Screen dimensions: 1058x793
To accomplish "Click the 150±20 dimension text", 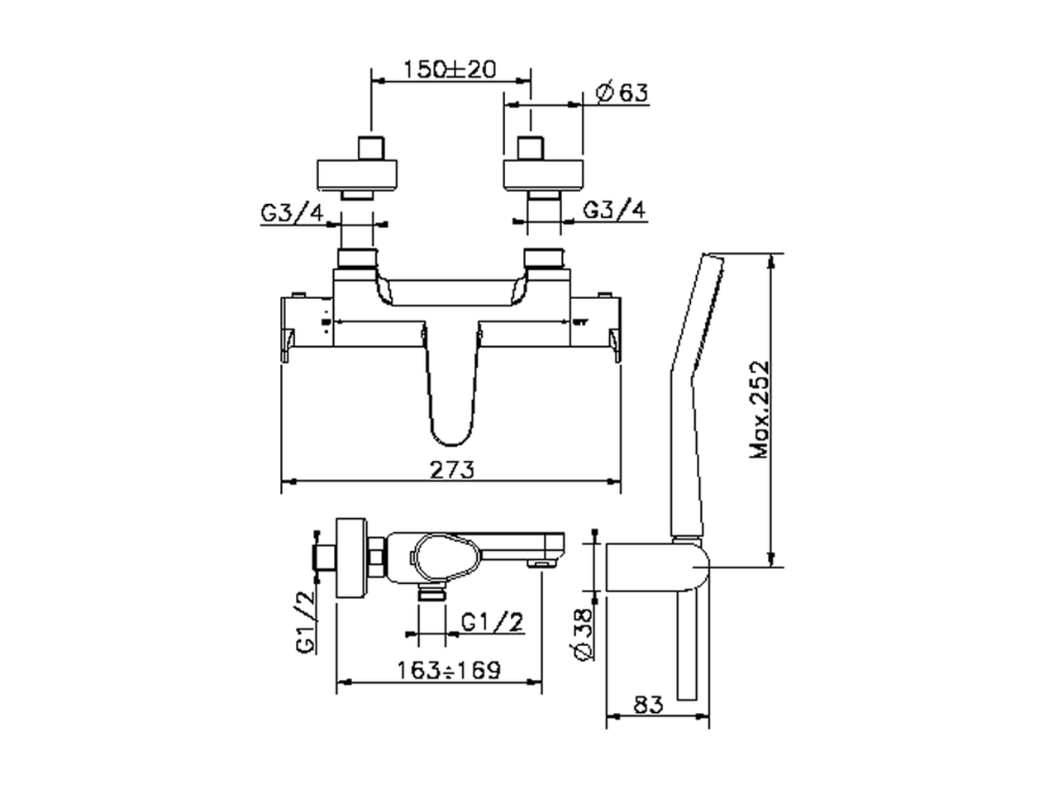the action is pos(449,69).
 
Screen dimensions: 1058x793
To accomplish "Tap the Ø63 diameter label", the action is pos(622,92).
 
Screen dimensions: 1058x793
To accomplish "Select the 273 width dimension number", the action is pos(451,470).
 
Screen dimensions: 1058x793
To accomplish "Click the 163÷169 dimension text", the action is pos(449,670).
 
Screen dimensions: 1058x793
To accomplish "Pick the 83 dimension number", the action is pos(648,705).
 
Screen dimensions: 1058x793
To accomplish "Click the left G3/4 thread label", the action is pos(293,213).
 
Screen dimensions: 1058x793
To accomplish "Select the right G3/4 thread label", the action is pos(613,210).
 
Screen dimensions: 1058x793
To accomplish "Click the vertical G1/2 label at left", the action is pos(306,621).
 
